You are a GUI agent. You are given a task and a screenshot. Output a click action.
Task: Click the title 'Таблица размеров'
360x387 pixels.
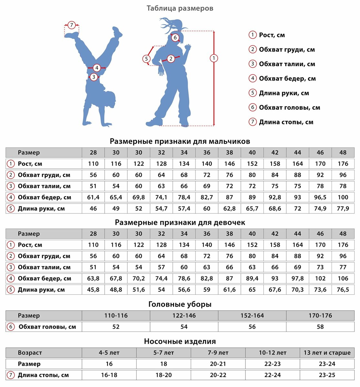180,8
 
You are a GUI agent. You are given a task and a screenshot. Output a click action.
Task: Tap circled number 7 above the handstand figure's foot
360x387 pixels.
72,25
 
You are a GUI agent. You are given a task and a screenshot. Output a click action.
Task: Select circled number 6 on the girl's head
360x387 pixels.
175,37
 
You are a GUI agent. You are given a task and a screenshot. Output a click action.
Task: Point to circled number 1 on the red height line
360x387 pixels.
214,58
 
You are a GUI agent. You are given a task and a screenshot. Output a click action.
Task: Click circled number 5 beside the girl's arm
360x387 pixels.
147,59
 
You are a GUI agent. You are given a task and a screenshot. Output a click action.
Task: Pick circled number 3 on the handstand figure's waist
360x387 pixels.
94,77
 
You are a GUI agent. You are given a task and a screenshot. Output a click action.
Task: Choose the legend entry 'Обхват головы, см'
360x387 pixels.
289,107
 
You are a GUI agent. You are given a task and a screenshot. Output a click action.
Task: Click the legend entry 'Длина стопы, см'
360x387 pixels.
286,122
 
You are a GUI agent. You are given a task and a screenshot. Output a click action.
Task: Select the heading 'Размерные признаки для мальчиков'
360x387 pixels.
180,141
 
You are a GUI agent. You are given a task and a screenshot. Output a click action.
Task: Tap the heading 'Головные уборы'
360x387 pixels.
180,304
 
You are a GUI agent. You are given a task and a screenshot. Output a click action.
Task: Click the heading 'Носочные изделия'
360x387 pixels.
180,341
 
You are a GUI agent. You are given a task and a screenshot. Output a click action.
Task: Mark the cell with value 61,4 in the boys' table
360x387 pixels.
93,197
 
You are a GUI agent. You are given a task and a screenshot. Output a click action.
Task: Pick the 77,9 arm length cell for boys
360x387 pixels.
343,209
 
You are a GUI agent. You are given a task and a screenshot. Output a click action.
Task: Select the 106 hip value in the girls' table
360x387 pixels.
343,278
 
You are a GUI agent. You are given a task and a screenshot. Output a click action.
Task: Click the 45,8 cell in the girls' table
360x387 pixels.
93,290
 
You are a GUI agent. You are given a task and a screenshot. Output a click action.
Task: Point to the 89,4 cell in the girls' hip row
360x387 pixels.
252,278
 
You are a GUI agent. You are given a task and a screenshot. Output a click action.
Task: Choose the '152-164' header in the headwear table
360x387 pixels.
252,315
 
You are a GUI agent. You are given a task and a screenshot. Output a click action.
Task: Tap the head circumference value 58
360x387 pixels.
320,327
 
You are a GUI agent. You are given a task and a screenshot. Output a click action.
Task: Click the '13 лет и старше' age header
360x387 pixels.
327,352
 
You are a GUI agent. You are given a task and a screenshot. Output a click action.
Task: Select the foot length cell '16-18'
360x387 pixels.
109,375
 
